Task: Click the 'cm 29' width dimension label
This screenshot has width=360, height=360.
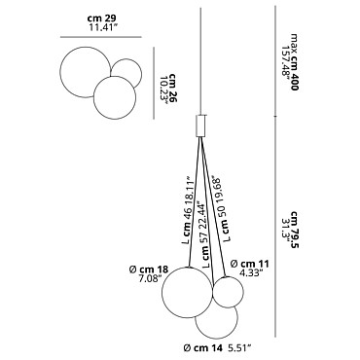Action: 101,18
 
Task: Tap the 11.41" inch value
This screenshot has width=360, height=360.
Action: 103,27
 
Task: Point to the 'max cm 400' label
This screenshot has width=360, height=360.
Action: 294,61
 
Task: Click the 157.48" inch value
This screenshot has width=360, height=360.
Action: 286,60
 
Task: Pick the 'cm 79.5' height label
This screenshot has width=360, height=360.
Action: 295,229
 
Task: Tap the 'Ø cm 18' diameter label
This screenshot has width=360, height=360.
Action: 149,270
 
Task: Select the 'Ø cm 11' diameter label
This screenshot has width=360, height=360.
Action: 250,264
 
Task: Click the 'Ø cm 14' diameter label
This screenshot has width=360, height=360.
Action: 203,348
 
